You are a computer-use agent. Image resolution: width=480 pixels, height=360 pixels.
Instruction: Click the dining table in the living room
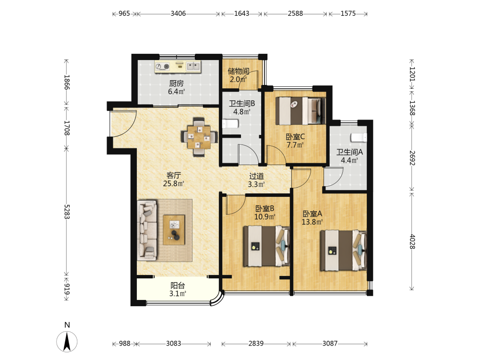(199, 137)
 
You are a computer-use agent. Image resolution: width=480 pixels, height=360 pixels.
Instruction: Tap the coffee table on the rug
(174, 230)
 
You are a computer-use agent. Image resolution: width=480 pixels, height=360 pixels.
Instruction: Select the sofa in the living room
(147, 230)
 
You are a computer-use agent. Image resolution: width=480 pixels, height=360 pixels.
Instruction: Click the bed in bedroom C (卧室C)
(300, 111)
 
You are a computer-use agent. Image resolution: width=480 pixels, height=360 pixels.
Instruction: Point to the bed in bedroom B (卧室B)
(266, 246)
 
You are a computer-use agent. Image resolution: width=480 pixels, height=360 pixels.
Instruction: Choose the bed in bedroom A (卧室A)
(343, 251)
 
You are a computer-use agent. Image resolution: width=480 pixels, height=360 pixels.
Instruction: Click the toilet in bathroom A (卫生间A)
(359, 137)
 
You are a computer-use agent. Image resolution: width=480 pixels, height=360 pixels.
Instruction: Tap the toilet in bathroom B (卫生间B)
(230, 124)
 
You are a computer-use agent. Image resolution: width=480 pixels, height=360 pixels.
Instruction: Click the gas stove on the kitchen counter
(162, 66)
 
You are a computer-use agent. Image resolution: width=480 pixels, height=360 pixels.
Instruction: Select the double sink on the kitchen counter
(193, 66)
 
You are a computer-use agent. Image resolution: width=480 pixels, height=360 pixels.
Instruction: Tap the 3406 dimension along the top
(178, 13)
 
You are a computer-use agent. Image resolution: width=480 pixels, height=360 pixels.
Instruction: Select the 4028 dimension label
(412, 241)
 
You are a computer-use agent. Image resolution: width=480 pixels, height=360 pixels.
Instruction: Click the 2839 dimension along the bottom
(256, 344)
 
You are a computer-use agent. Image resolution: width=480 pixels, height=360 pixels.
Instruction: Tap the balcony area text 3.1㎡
(178, 294)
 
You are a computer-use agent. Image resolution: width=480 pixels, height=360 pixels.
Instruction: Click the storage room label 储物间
(238, 72)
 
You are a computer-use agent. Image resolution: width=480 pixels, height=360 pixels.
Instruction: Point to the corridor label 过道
(256, 176)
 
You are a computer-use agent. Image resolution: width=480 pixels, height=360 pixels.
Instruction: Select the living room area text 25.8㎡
(174, 184)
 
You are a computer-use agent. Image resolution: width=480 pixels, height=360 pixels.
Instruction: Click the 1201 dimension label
(412, 74)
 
